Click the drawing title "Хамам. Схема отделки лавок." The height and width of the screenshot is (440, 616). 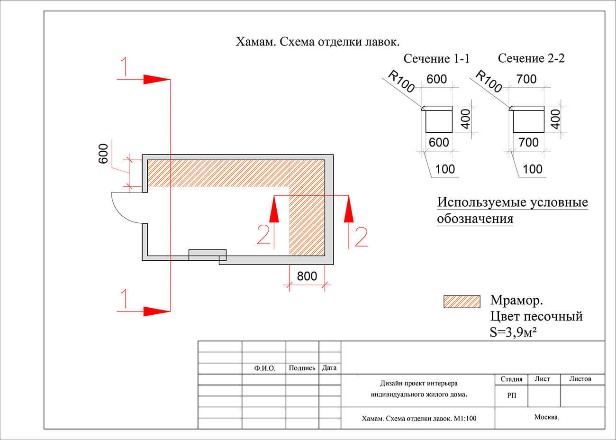pos(317,42)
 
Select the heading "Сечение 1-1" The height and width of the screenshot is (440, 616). pos(436,59)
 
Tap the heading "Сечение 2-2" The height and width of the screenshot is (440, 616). pos(531,58)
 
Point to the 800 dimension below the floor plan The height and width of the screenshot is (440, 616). pos(307,275)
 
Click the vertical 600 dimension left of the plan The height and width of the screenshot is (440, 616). pos(103,154)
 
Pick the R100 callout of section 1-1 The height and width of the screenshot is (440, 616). pos(401,81)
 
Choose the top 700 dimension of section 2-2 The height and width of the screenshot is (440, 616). pos(526,79)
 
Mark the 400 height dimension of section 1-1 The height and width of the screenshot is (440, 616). pos(465,119)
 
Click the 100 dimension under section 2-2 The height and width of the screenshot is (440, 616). pos(532,169)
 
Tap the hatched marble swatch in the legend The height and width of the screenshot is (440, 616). pos(462,302)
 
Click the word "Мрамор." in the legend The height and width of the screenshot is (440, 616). pos(516,301)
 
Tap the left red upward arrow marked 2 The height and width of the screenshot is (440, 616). pos(274,211)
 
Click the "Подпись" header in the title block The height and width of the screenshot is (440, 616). pos(302,368)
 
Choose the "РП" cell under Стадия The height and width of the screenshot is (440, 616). pos(511,396)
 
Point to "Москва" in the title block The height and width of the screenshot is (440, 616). pos(546,417)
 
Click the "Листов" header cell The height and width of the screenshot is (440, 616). pos(580,379)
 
